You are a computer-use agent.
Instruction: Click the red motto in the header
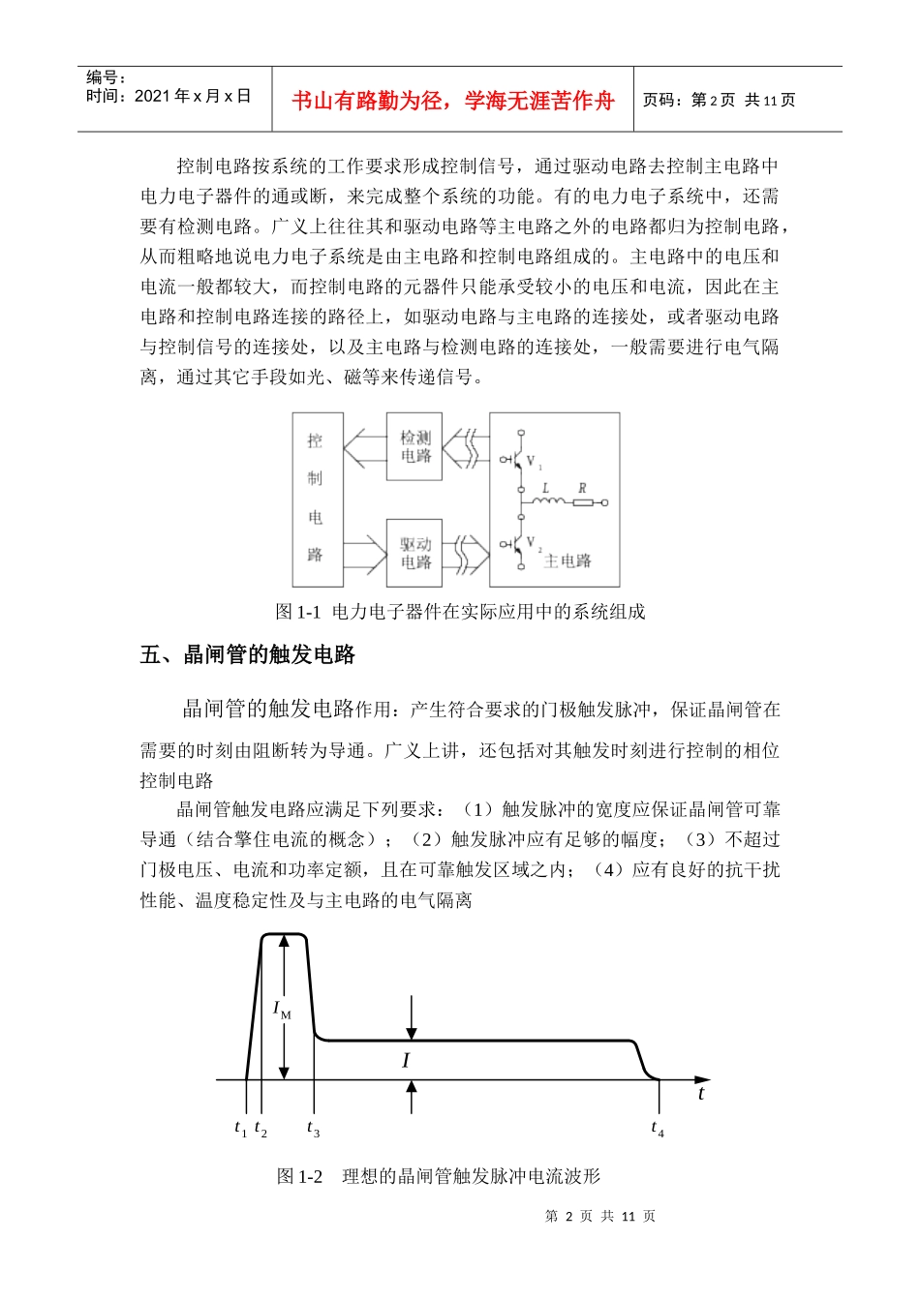coord(452,101)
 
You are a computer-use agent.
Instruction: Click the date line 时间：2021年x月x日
coord(169,96)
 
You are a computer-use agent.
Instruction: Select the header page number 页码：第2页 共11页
coord(719,101)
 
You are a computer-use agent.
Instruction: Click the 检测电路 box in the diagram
coord(414,446)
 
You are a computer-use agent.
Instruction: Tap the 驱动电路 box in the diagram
coord(414,553)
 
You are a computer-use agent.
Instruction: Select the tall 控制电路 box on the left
coord(317,499)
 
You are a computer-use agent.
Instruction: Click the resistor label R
coord(582,488)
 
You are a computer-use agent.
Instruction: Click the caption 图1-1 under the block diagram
coord(460,612)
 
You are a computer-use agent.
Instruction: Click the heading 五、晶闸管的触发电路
coord(248,655)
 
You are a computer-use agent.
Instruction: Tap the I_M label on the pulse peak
coord(282,1010)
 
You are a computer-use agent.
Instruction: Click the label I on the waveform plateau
coord(406,1061)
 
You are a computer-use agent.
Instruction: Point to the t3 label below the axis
coord(313,1129)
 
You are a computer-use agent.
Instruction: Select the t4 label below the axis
coord(658,1129)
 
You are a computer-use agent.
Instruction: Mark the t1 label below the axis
coord(240,1129)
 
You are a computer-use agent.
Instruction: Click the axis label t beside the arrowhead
coord(701,1094)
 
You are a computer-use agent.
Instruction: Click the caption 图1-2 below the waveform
coord(439,1176)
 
